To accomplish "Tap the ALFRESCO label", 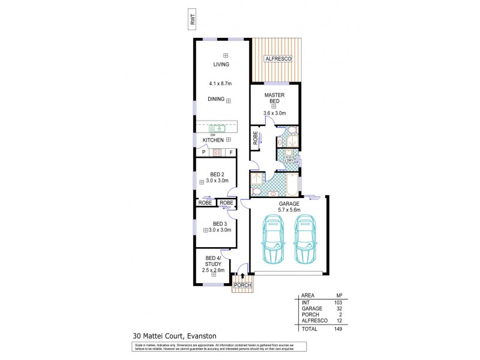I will [x=278, y=59].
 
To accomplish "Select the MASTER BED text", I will [x=275, y=99].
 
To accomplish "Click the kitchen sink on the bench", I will [x=217, y=128].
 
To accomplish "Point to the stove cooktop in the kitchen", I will [x=217, y=152].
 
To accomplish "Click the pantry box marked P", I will [x=203, y=152].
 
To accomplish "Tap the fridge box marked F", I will [x=230, y=152].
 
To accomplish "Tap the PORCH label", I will [x=242, y=285].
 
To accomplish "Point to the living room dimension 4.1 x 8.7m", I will [x=220, y=83].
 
